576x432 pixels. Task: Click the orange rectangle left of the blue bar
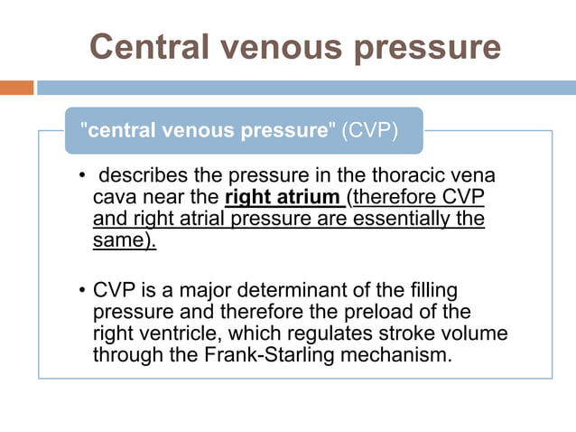(x=16, y=88)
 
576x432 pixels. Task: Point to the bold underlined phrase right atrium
(x=283, y=198)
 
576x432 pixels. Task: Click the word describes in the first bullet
(x=143, y=175)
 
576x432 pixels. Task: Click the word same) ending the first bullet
(x=124, y=242)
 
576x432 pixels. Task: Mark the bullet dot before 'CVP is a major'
(x=82, y=291)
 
